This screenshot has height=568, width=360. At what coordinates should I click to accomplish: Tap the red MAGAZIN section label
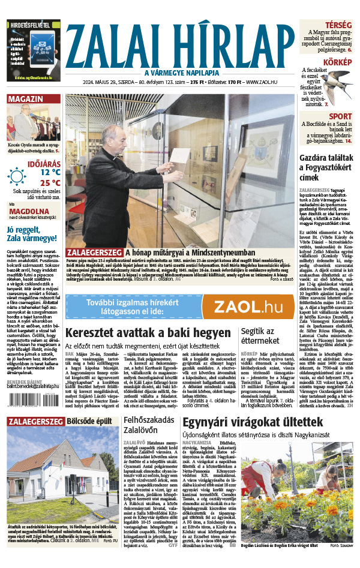25,99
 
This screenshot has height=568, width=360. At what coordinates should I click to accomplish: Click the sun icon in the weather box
18,176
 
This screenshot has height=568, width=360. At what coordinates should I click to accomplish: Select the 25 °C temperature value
50,182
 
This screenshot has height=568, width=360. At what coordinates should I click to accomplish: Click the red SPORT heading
340,116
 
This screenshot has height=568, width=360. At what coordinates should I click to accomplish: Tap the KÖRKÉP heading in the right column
338,62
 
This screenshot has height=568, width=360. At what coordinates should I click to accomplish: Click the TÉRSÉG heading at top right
340,24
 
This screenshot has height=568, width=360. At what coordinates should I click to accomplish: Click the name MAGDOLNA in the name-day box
28,211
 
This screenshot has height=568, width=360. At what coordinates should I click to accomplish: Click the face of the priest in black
112,136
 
